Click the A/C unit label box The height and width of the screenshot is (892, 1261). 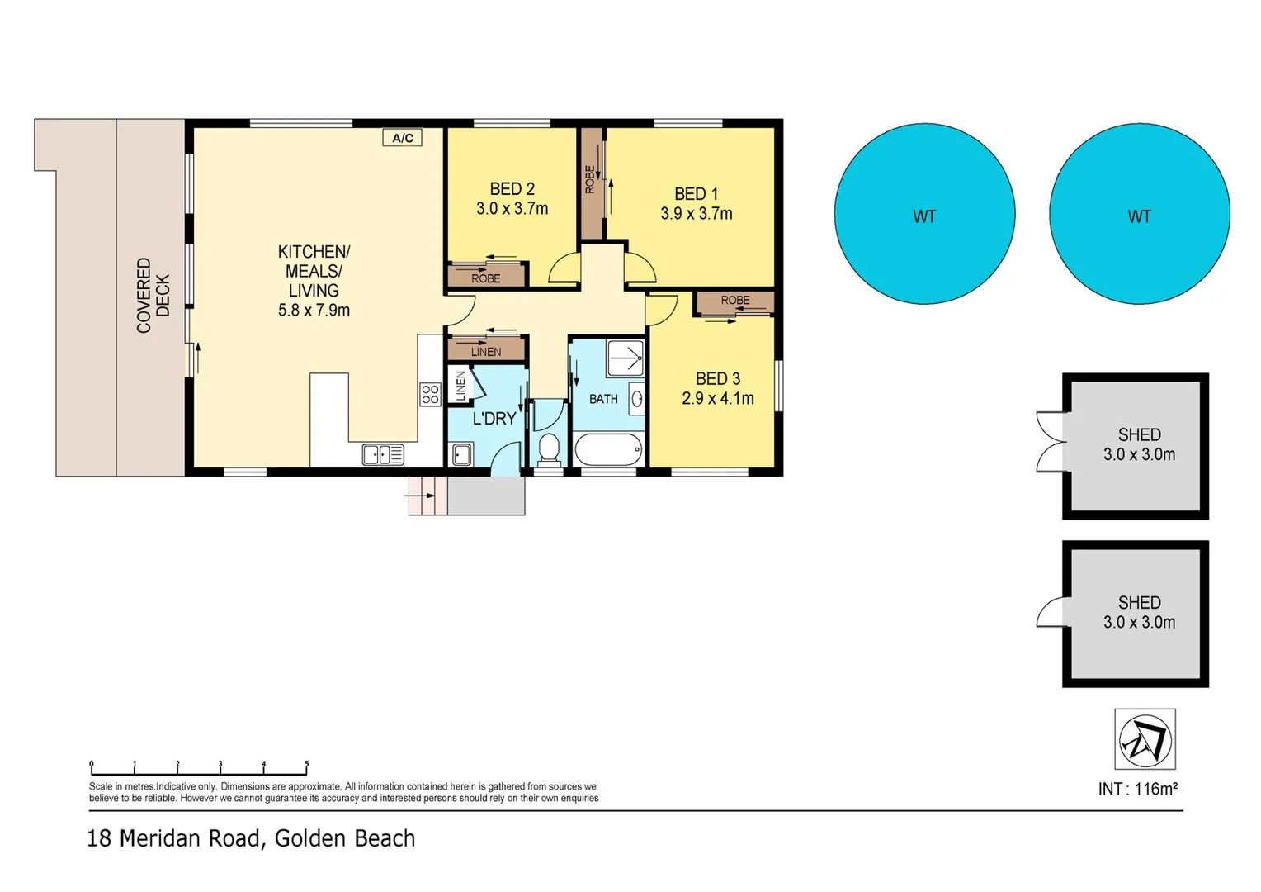(x=403, y=138)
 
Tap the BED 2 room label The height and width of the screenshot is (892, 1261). (x=512, y=189)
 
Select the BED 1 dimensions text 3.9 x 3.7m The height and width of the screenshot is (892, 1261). (x=696, y=214)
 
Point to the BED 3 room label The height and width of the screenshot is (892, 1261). (x=717, y=379)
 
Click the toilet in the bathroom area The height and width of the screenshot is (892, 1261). (x=548, y=448)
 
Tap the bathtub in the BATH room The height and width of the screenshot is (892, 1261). (x=607, y=451)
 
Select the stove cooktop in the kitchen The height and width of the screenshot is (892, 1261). (x=430, y=394)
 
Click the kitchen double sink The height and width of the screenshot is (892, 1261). (x=383, y=454)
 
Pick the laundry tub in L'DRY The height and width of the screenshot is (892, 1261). (x=462, y=454)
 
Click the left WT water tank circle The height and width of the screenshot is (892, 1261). (x=924, y=214)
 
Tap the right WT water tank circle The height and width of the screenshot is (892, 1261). (x=1139, y=214)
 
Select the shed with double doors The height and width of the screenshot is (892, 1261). (x=1136, y=446)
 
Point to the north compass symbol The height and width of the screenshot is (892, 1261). (x=1145, y=739)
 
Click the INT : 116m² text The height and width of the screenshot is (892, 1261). (x=1137, y=789)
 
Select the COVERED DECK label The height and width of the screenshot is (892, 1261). (x=153, y=296)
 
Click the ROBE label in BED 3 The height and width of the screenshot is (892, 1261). (x=734, y=301)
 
